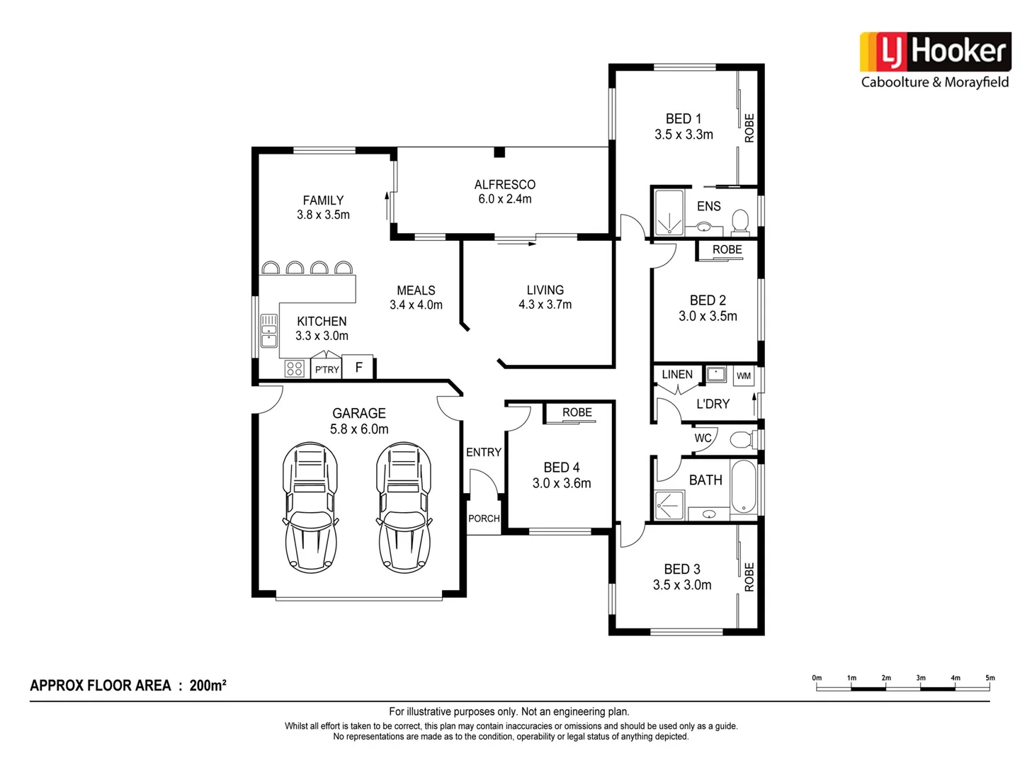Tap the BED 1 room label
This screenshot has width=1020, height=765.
tap(683, 119)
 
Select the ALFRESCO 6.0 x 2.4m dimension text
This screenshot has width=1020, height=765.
tap(504, 199)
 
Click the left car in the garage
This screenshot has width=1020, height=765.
tap(310, 506)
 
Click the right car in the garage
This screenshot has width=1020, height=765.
tap(404, 506)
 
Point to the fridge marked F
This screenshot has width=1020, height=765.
tap(358, 368)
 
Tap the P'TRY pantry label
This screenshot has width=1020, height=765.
tap(327, 370)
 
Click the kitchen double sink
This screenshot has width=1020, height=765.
tap(269, 331)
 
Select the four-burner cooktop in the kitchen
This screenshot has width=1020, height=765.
tap(295, 368)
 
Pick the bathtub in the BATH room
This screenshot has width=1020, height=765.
tap(744, 487)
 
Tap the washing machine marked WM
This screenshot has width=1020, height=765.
tap(743, 375)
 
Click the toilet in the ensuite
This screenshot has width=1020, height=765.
tap(739, 222)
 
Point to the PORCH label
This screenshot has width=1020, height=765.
tap(484, 518)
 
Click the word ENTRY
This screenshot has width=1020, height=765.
tap(484, 452)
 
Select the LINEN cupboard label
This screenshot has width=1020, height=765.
tap(677, 375)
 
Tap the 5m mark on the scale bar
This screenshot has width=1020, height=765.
tap(990, 679)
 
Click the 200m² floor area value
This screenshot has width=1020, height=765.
tap(208, 686)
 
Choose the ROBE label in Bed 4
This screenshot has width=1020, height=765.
tap(577, 412)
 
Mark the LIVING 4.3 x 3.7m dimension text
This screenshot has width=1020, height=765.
tap(545, 305)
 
